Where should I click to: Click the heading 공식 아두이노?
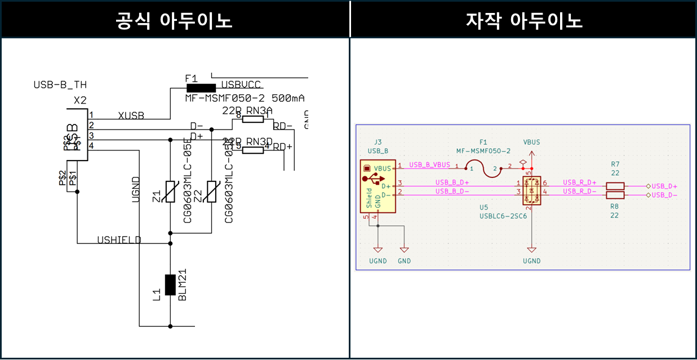(x=174, y=20)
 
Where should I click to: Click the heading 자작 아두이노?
(x=524, y=20)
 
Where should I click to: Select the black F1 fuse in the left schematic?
(x=201, y=87)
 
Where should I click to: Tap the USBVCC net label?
(x=241, y=85)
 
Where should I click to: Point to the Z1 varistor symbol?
(x=170, y=192)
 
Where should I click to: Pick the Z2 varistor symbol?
(x=211, y=192)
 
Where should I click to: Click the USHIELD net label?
(x=119, y=240)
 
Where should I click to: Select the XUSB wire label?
(x=131, y=115)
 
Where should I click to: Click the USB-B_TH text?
(x=60, y=85)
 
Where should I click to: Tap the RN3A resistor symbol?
(x=253, y=119)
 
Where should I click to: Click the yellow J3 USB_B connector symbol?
(x=378, y=186)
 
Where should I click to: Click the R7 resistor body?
(x=615, y=186)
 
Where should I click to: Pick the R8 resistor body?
(x=615, y=195)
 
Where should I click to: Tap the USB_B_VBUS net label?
(x=429, y=165)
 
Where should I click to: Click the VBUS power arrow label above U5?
(x=531, y=143)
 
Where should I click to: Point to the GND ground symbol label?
(x=404, y=261)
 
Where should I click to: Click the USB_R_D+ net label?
(x=580, y=183)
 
